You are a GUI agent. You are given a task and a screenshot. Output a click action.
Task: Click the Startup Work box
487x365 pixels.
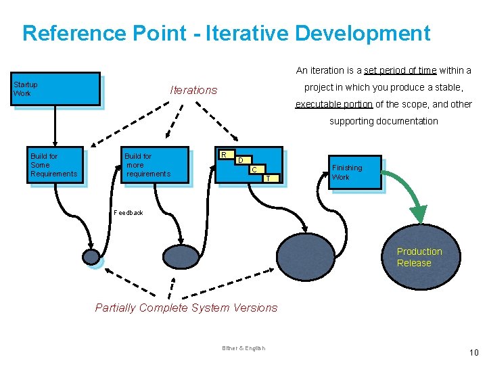(x=56, y=89)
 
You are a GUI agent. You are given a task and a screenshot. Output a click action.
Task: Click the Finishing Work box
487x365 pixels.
(x=355, y=172)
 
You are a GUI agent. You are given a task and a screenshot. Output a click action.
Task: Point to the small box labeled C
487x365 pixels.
(x=254, y=170)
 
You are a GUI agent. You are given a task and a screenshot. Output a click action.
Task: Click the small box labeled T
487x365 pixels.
(x=269, y=178)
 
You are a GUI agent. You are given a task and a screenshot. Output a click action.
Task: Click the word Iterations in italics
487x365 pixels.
(x=193, y=90)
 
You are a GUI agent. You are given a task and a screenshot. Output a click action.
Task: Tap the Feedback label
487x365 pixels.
(x=129, y=213)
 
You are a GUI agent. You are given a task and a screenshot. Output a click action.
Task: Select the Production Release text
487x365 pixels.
(x=419, y=257)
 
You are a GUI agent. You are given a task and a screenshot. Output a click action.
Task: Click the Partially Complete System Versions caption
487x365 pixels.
(x=186, y=308)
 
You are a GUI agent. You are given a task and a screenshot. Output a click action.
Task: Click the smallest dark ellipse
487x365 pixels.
(x=91, y=256)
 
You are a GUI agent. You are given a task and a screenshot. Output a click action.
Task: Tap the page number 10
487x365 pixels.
(x=473, y=351)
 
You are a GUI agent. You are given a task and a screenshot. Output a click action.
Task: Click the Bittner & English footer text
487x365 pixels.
(x=243, y=348)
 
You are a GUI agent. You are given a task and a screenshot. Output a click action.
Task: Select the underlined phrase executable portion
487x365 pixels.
(x=334, y=104)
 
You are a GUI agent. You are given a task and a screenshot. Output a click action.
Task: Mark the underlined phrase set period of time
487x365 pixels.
(x=400, y=70)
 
